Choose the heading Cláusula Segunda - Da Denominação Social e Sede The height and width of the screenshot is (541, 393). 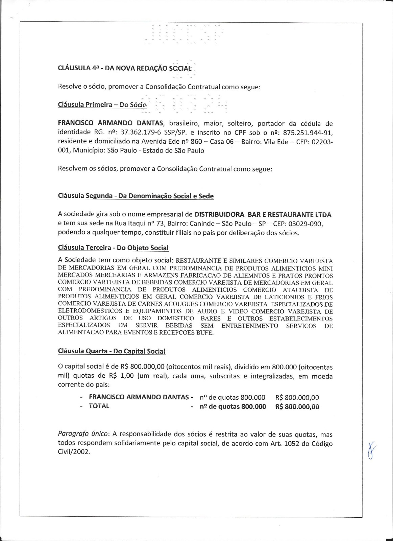(x=136, y=196)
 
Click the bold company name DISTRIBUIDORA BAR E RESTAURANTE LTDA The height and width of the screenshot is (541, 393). (x=263, y=215)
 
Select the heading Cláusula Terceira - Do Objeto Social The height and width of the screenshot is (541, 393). (x=113, y=248)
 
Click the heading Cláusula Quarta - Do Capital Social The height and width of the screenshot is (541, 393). (x=112, y=351)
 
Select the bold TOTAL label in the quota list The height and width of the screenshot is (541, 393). (x=99, y=406)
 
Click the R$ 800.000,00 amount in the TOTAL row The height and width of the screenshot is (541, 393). (x=297, y=406)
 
